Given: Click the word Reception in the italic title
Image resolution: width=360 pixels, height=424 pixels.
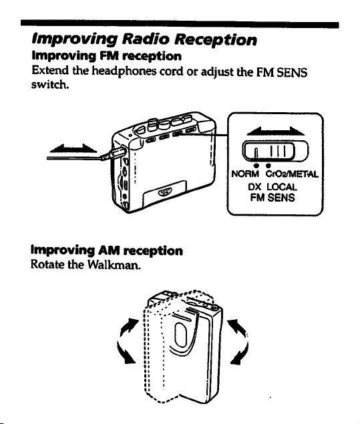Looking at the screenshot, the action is coord(215,41).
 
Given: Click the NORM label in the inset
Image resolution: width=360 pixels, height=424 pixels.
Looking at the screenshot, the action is coord(245,174).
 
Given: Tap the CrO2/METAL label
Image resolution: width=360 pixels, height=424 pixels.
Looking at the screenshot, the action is coord(292,174).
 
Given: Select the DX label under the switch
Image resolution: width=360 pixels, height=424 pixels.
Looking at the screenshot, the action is coord(254,187).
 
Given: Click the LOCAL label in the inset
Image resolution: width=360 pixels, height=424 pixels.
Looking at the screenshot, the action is coord(282,187).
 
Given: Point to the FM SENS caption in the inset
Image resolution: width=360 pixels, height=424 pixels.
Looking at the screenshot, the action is coord(273,198).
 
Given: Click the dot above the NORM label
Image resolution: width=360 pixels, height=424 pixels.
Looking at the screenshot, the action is coord(256,165).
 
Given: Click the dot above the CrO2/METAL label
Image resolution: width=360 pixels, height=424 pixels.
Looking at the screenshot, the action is coord(268,165).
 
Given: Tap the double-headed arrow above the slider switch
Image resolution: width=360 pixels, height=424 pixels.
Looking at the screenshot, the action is coord(275,131).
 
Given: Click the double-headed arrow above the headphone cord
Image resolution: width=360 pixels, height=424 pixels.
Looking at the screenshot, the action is coord(73,148).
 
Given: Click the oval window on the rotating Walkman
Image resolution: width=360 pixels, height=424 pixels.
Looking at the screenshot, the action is coord(180,335).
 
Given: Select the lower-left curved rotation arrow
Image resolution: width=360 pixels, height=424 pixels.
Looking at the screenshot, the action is coord(125,353).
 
